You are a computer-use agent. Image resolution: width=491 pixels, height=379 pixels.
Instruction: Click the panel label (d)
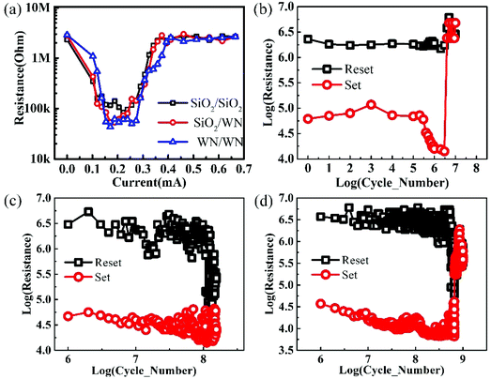[x=266, y=198]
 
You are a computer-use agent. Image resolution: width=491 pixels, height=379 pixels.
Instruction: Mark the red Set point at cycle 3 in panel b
[x=371, y=105]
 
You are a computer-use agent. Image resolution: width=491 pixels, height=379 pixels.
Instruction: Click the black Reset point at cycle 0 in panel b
[x=308, y=38]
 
